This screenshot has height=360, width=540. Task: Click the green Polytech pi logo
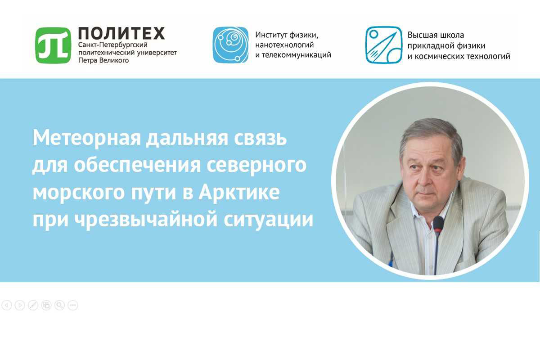(53, 45)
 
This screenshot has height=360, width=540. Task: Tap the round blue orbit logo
(230, 45)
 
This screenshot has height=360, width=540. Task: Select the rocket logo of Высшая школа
(383, 45)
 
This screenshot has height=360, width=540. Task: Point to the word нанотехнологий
(284, 45)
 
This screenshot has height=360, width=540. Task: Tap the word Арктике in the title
(239, 192)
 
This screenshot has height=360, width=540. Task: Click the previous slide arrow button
(7, 305)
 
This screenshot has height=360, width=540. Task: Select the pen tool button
(33, 305)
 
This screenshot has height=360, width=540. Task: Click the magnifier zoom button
(59, 305)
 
